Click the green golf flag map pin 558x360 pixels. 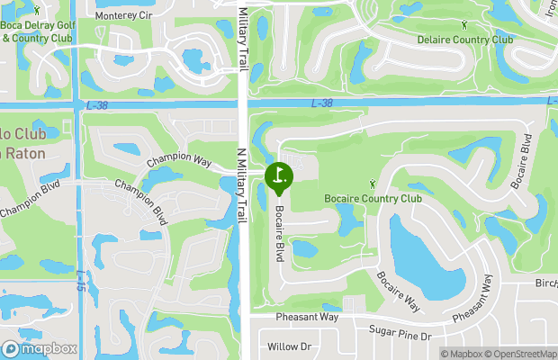point(278,175)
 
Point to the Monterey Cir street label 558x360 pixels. point(123,16)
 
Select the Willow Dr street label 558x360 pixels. point(289,346)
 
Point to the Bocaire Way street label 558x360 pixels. point(399,291)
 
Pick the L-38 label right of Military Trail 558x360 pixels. point(322,103)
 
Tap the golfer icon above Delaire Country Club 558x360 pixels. point(464,26)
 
